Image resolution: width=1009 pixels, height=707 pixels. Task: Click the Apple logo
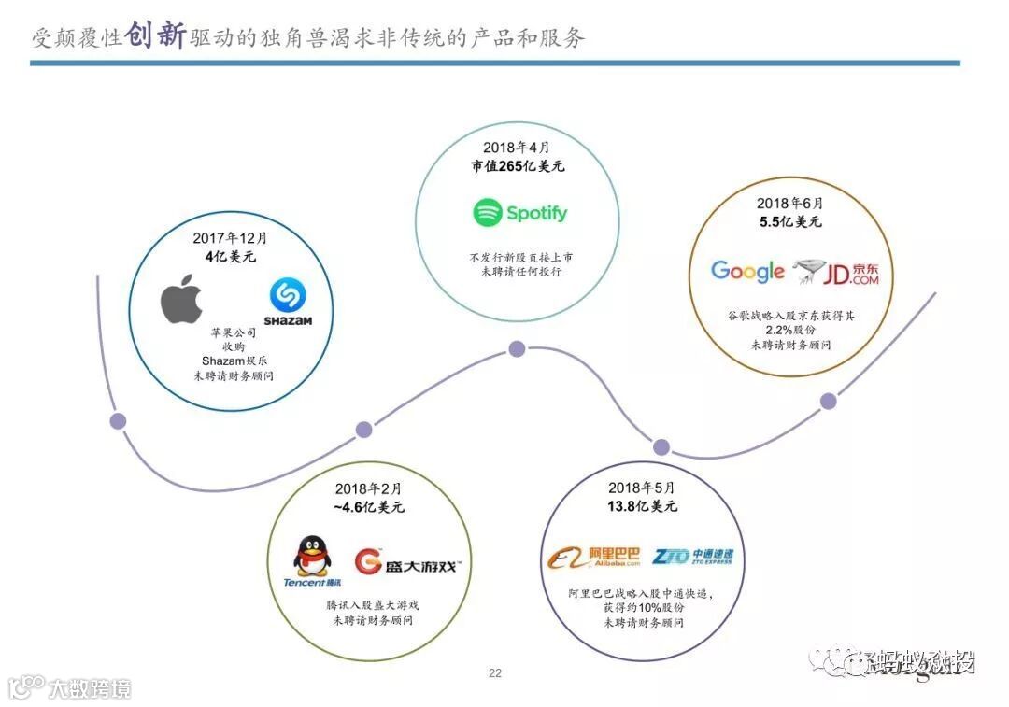click(181, 298)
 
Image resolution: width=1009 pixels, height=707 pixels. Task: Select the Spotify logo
click(519, 213)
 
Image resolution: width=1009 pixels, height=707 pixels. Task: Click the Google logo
click(747, 272)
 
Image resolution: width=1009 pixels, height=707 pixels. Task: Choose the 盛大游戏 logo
click(407, 562)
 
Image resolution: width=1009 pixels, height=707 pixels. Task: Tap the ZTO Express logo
click(693, 557)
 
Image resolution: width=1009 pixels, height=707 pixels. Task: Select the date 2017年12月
click(230, 238)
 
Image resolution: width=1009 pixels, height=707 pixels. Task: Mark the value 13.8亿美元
click(641, 506)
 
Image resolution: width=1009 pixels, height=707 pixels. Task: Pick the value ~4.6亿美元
click(368, 507)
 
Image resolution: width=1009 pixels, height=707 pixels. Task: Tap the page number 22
click(495, 672)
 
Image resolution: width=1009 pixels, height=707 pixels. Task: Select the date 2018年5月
click(641, 488)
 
